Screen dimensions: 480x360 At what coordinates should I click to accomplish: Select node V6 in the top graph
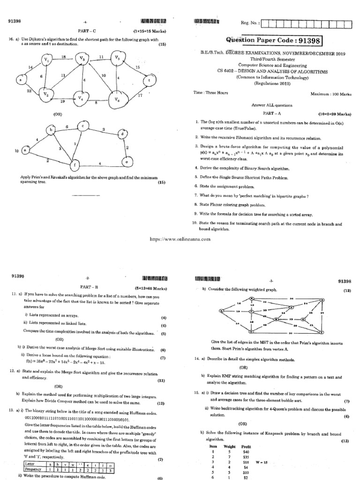tap(115, 99)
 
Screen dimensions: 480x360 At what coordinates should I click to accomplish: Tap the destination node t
tap(149, 80)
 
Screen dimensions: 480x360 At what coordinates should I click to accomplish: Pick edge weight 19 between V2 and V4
tap(62, 101)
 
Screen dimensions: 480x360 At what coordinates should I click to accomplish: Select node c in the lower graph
tap(82, 126)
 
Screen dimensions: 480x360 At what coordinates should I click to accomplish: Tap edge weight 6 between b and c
tap(67, 127)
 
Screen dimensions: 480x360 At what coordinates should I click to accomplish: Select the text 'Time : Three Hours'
tap(211, 93)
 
